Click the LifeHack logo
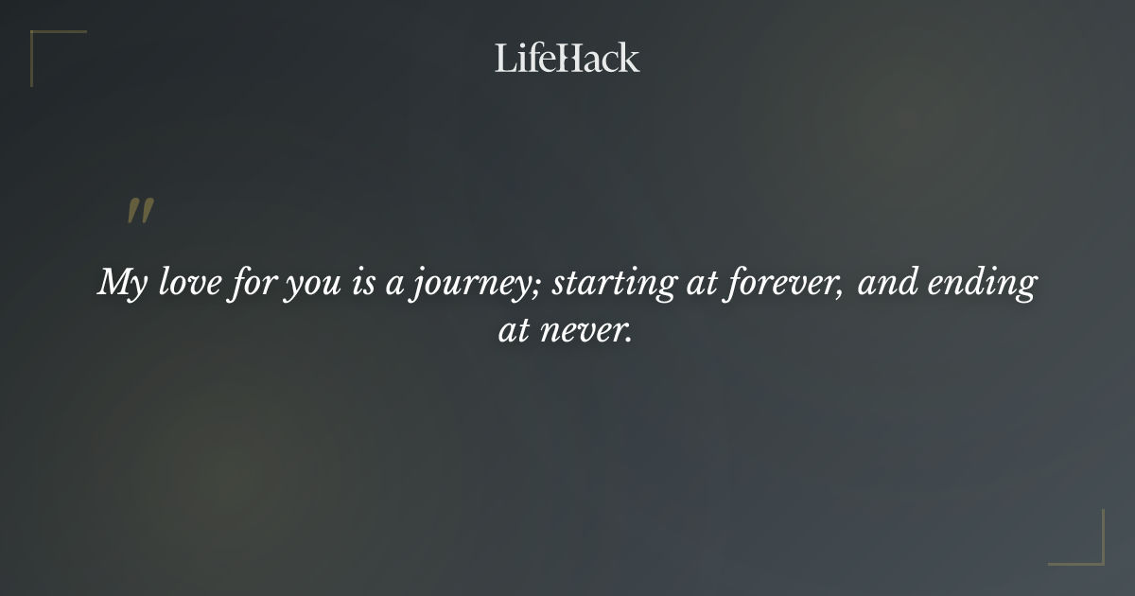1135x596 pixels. point(567,58)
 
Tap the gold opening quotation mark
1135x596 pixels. point(140,212)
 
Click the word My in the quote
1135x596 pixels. point(120,284)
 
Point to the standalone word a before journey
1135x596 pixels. point(394,286)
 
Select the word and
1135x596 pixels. point(884,283)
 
